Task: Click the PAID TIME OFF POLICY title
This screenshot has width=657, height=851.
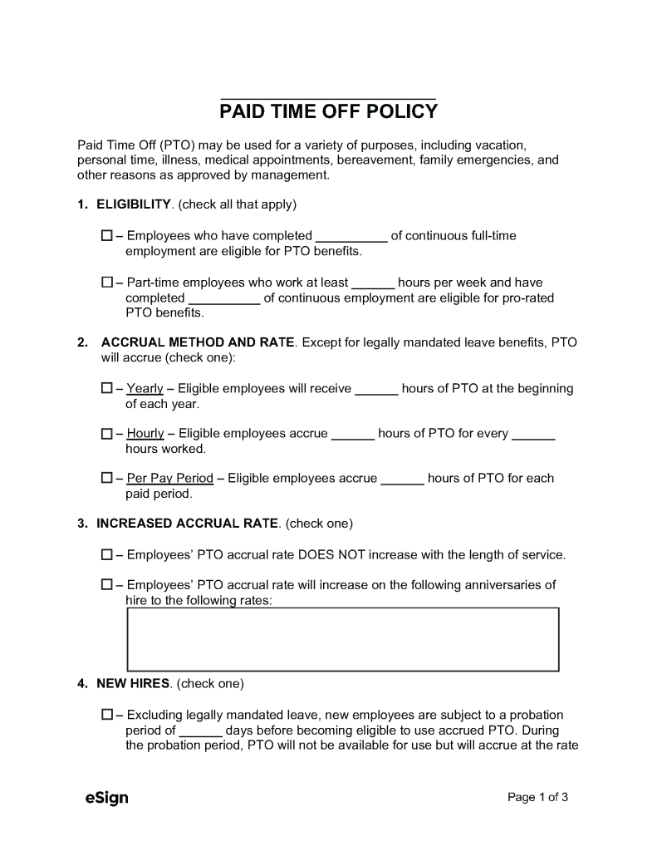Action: point(328,111)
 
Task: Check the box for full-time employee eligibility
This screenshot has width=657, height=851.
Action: point(106,236)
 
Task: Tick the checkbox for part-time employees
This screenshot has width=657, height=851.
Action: point(106,283)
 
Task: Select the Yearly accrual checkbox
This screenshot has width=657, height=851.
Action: point(106,388)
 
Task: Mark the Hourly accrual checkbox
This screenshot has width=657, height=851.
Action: point(106,434)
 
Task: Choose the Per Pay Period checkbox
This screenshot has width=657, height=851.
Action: point(106,479)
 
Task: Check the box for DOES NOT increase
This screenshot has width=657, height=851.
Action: point(106,554)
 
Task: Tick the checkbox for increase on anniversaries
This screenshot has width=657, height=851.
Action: point(106,585)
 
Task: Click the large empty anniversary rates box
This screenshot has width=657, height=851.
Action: point(342,639)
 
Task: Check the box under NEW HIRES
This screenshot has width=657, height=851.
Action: point(106,715)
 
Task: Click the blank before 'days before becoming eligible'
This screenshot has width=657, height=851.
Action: point(200,731)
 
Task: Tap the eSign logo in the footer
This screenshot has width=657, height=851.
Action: point(106,799)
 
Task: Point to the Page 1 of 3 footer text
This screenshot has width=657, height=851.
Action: point(537,798)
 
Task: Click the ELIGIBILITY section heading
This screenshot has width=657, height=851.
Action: point(134,204)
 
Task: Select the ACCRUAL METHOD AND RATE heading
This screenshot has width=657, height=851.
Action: point(197,342)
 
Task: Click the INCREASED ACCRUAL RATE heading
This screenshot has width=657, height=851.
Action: point(188,524)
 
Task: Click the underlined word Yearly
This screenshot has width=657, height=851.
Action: point(145,389)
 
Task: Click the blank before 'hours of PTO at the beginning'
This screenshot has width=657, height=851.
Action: point(376,389)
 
